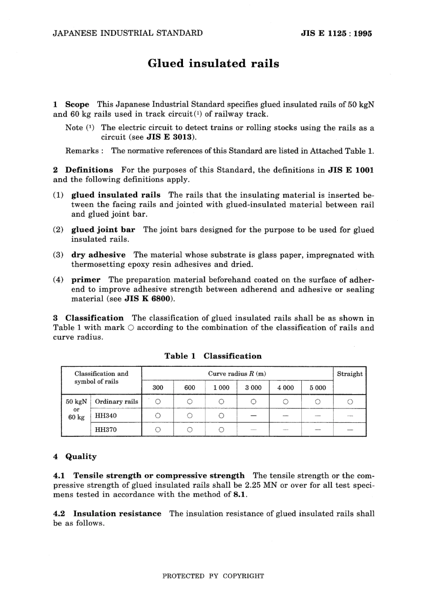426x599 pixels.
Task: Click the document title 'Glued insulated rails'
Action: [x=213, y=64]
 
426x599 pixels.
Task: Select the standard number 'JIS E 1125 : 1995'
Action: [x=336, y=33]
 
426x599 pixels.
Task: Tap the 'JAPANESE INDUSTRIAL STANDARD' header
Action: [x=128, y=33]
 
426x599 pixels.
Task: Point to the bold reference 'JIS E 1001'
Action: [x=351, y=170]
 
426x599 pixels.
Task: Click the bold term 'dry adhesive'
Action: [x=98, y=255]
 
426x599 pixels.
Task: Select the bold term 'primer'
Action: [x=86, y=280]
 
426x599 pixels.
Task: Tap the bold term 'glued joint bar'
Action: [x=103, y=230]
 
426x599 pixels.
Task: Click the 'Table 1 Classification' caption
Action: [x=213, y=356]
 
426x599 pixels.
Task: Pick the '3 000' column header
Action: [x=253, y=388]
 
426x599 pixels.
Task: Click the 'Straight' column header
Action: [x=350, y=374]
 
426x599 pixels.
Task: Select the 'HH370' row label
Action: [x=106, y=430]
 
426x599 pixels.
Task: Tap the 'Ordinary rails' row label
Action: [x=117, y=402]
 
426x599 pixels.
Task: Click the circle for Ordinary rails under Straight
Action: [x=350, y=402]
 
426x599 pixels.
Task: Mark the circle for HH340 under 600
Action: [x=190, y=416]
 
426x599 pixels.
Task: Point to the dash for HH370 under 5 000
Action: [x=317, y=430]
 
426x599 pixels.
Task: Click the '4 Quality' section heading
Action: [x=75, y=456]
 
